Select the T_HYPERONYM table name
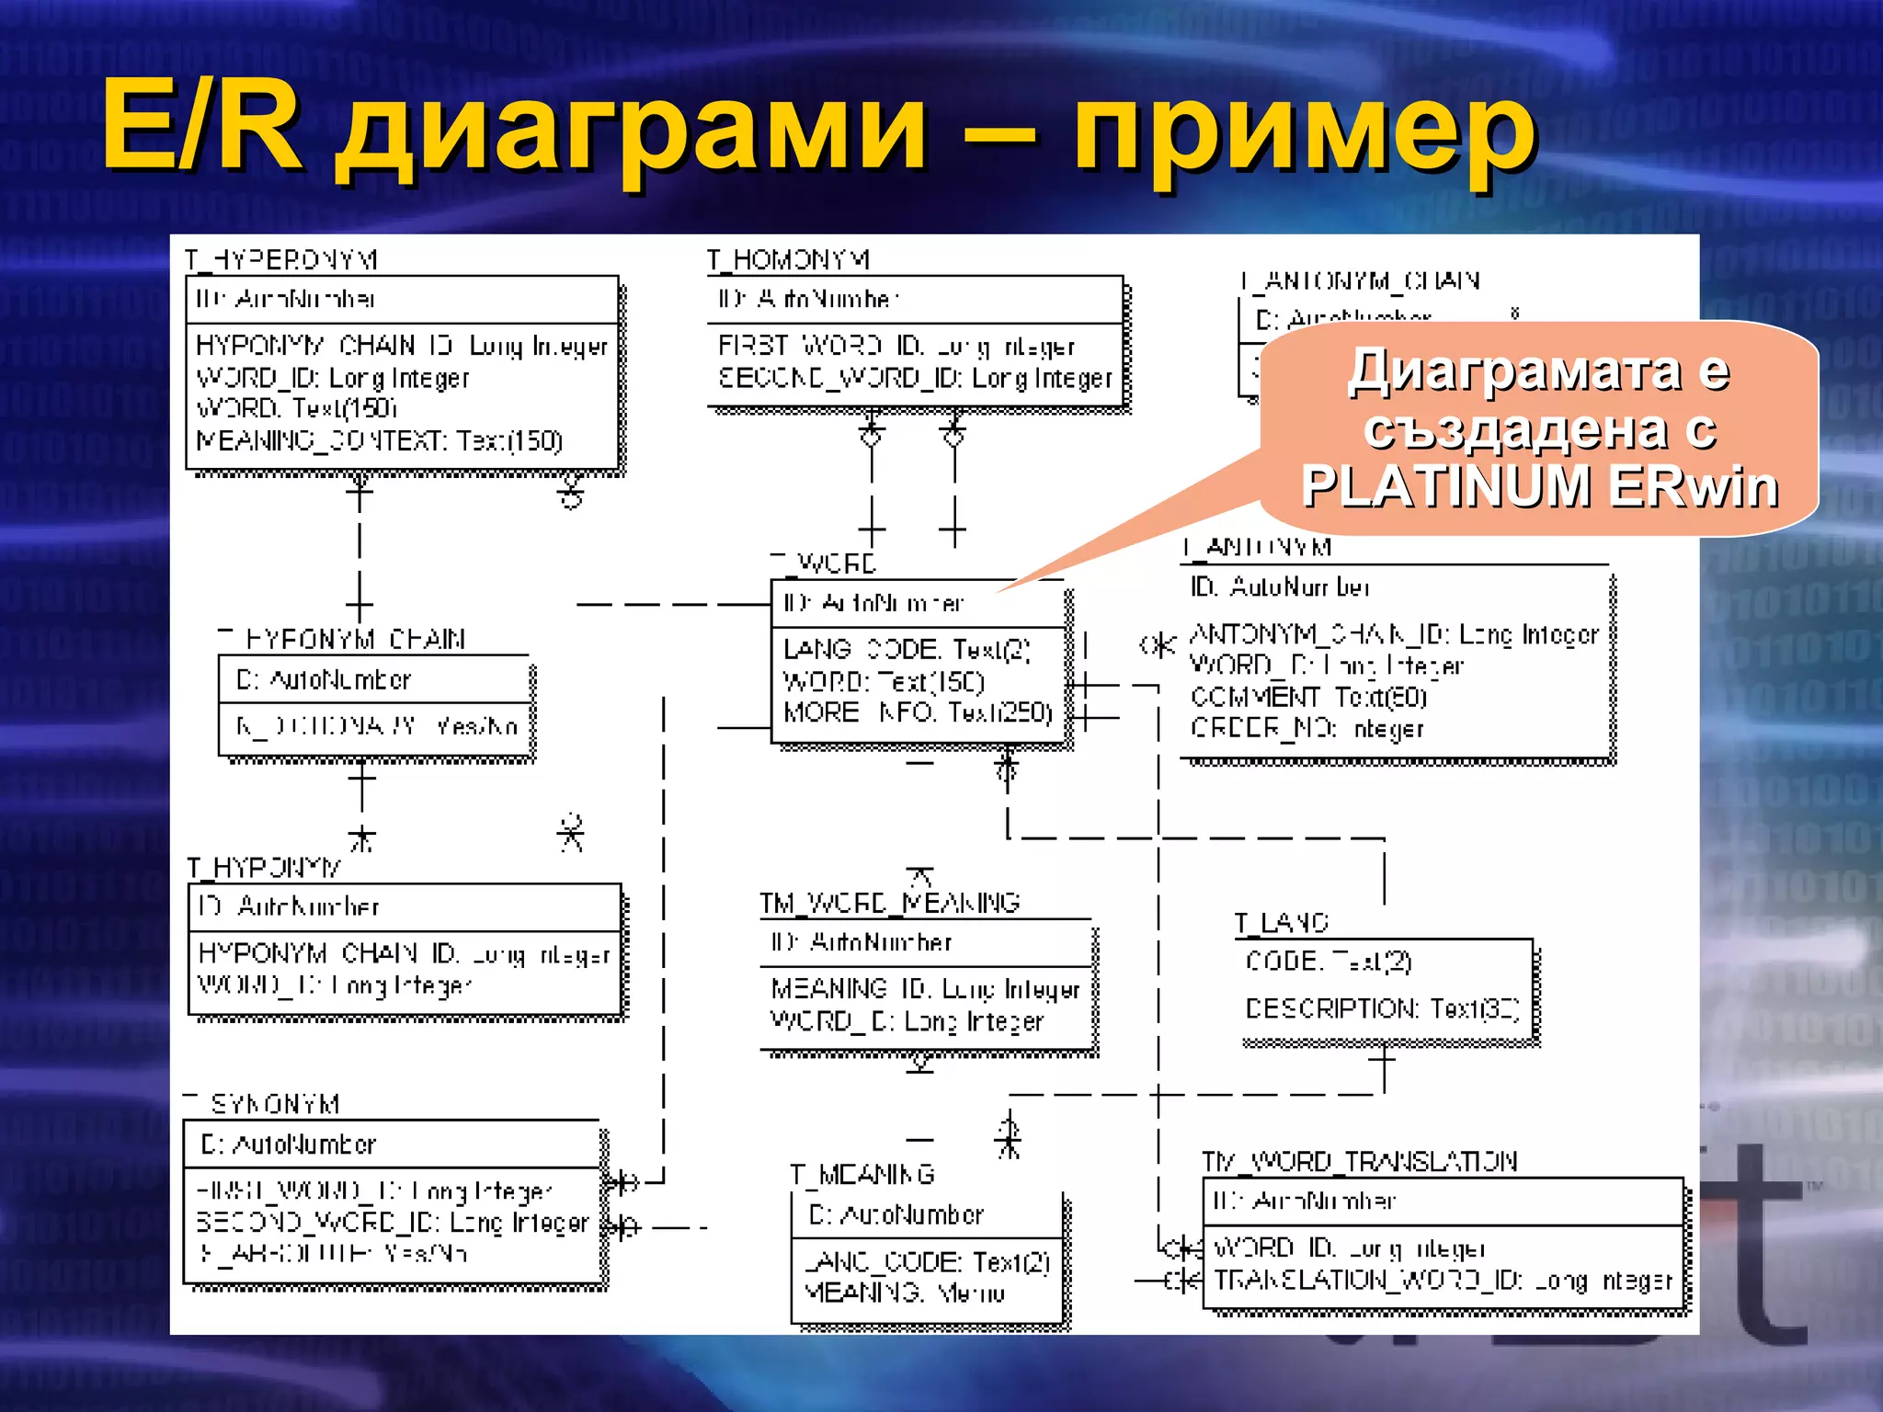point(280,260)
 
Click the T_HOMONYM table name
point(788,260)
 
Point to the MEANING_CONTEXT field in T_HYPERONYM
point(379,441)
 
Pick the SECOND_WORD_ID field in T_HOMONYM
point(915,379)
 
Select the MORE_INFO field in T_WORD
point(917,712)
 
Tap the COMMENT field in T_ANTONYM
point(1307,697)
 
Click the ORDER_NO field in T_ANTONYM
point(1306,729)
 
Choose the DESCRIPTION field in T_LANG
point(1381,1008)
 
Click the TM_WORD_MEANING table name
point(889,903)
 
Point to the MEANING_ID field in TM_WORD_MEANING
point(925,989)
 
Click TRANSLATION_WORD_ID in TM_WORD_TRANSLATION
point(1442,1281)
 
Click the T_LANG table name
point(1281,923)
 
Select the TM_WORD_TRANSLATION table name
point(1359,1162)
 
